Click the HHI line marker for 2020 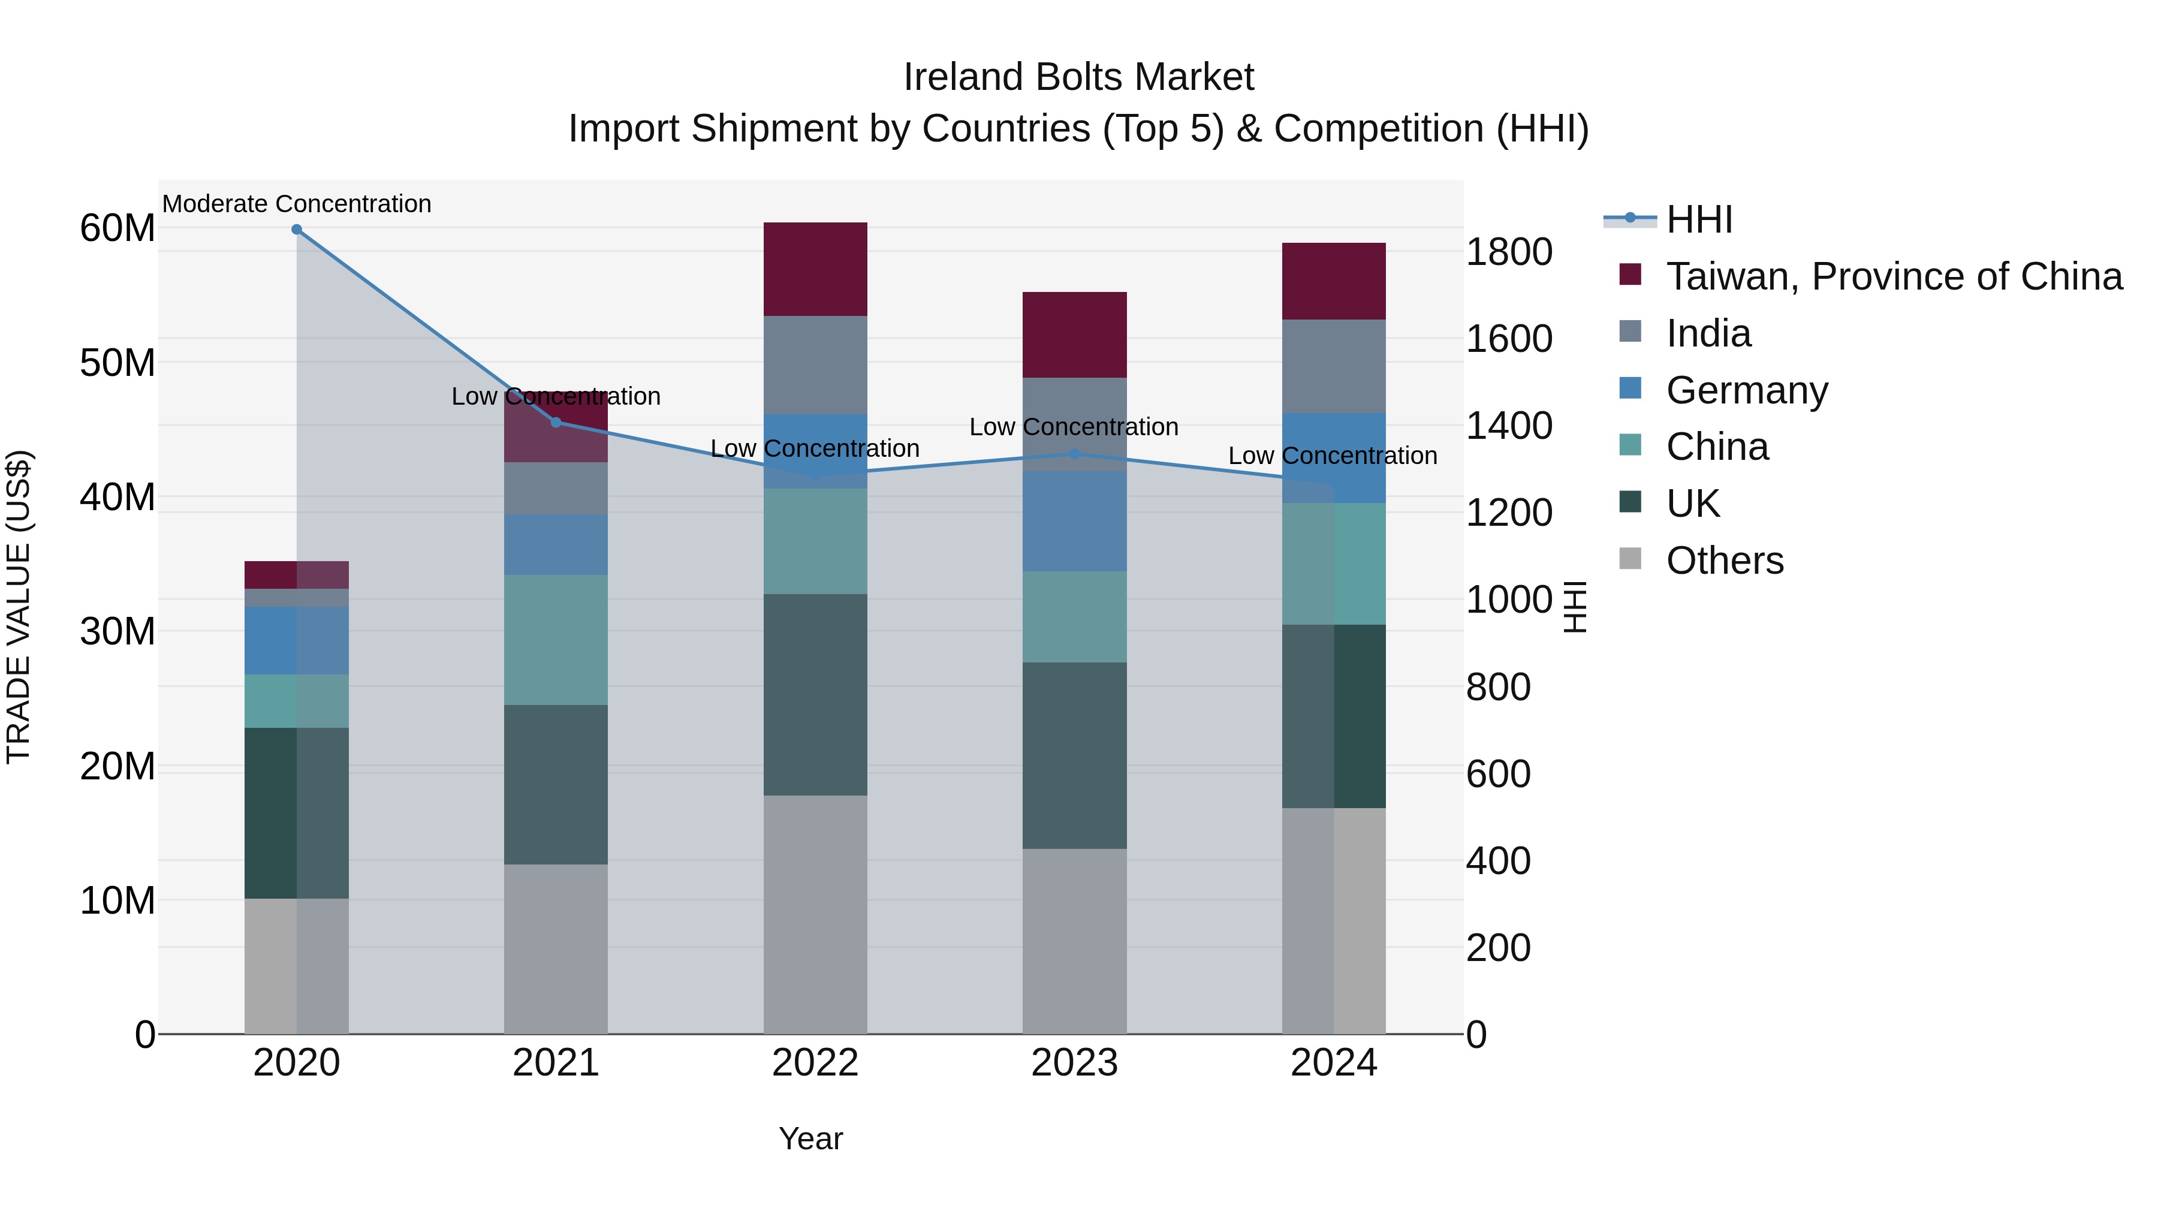[297, 230]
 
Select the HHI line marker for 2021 [556, 422]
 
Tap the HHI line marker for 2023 [1075, 454]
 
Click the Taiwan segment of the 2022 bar [815, 269]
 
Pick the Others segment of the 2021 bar [556, 948]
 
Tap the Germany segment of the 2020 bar [297, 640]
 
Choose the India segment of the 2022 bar [815, 364]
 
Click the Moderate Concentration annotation [297, 204]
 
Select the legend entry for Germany [1747, 390]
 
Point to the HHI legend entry [1699, 219]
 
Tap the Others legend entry [1725, 561]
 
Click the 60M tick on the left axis [117, 228]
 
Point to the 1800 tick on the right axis [1509, 252]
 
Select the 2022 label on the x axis [815, 1063]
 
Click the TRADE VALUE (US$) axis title [19, 607]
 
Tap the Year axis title [810, 1138]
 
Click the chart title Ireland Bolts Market [1078, 77]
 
